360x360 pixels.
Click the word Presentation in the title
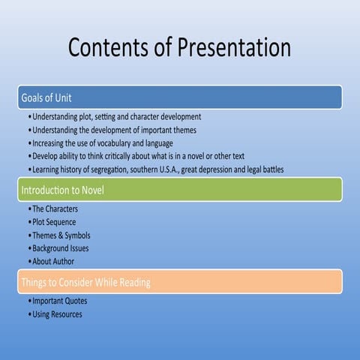(234, 47)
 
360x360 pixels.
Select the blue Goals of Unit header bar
(180, 97)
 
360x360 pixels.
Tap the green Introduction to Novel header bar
(180, 190)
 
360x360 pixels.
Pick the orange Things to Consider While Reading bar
(180, 282)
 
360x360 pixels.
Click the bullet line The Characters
(54, 209)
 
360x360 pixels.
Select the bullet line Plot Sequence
(55, 223)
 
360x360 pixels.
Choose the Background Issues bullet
(60, 248)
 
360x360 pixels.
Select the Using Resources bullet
(57, 314)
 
